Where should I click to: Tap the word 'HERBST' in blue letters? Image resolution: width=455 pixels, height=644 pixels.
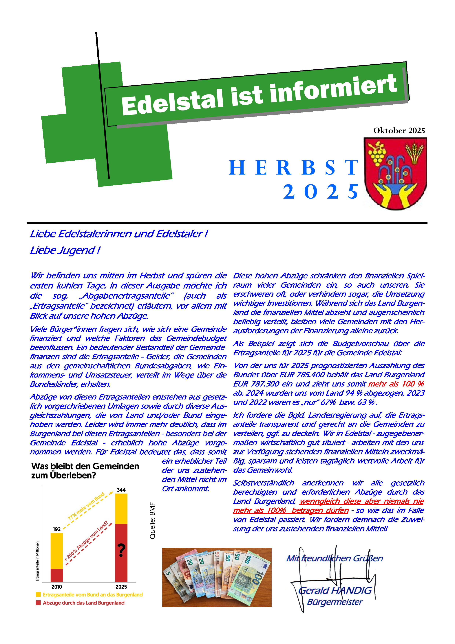click(293, 168)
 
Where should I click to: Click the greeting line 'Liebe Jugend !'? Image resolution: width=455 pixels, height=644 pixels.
click(65, 250)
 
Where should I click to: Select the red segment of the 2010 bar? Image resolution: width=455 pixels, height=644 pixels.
click(57, 575)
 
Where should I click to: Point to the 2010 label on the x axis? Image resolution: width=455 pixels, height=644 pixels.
click(57, 587)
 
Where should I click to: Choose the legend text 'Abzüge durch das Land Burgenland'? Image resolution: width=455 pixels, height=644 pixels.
click(84, 603)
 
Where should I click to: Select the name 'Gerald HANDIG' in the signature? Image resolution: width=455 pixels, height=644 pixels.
click(335, 590)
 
